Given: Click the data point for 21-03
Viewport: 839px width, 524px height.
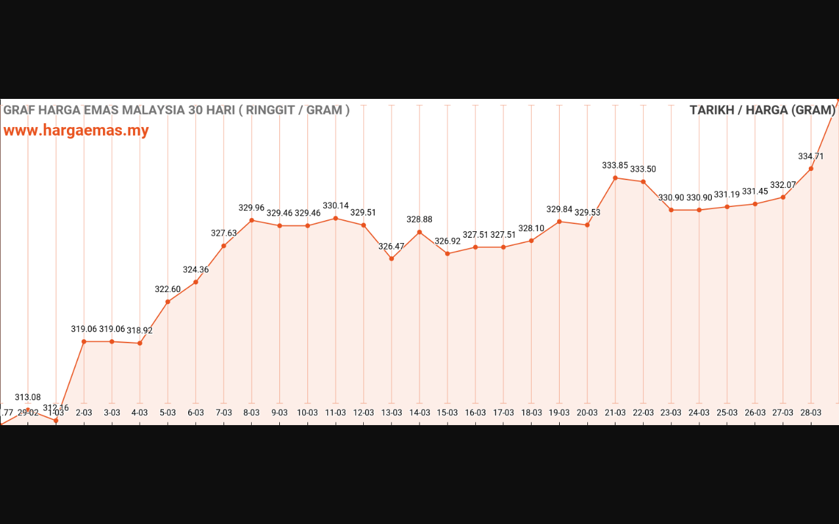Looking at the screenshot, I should (x=615, y=178).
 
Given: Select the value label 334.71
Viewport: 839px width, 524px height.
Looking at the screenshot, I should (x=811, y=157).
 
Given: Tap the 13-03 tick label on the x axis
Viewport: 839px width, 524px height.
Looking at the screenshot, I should (x=392, y=413).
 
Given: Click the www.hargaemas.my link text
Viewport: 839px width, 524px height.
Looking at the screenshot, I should (x=76, y=130).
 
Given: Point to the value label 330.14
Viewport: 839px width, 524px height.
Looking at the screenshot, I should (x=336, y=206).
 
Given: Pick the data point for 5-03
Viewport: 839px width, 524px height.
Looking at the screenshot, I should (x=168, y=302).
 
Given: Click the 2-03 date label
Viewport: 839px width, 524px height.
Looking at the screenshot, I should (x=84, y=413).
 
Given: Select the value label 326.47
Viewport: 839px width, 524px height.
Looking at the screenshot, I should (x=391, y=246).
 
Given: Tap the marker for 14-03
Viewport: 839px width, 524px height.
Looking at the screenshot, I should (x=419, y=232).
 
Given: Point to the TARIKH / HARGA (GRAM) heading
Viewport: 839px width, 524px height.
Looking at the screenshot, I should (x=762, y=110).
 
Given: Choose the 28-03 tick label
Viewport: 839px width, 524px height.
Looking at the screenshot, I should (x=811, y=413).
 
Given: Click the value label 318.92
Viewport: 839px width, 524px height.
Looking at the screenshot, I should (x=140, y=331).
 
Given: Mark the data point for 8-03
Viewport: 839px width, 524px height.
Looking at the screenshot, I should (x=252, y=220).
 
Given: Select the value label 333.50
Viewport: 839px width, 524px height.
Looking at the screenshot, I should (x=643, y=169).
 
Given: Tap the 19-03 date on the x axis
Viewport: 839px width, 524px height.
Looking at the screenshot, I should (x=559, y=413).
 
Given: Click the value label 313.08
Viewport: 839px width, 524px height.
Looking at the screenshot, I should (x=28, y=398).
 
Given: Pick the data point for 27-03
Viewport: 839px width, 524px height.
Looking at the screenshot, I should (x=783, y=197).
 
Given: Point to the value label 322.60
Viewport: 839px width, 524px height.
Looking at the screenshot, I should (x=168, y=290).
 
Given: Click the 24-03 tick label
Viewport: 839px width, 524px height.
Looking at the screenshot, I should (x=699, y=413).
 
